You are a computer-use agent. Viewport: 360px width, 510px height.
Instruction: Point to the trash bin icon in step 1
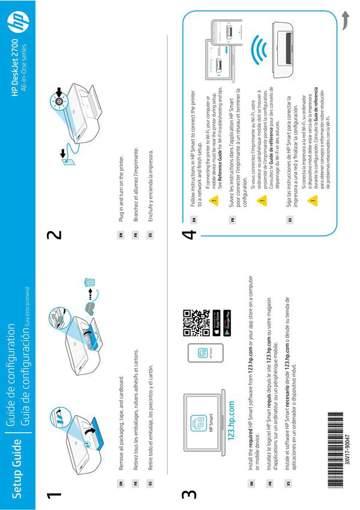coord(90,281)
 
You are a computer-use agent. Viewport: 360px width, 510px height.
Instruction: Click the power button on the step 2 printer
coord(59,101)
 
